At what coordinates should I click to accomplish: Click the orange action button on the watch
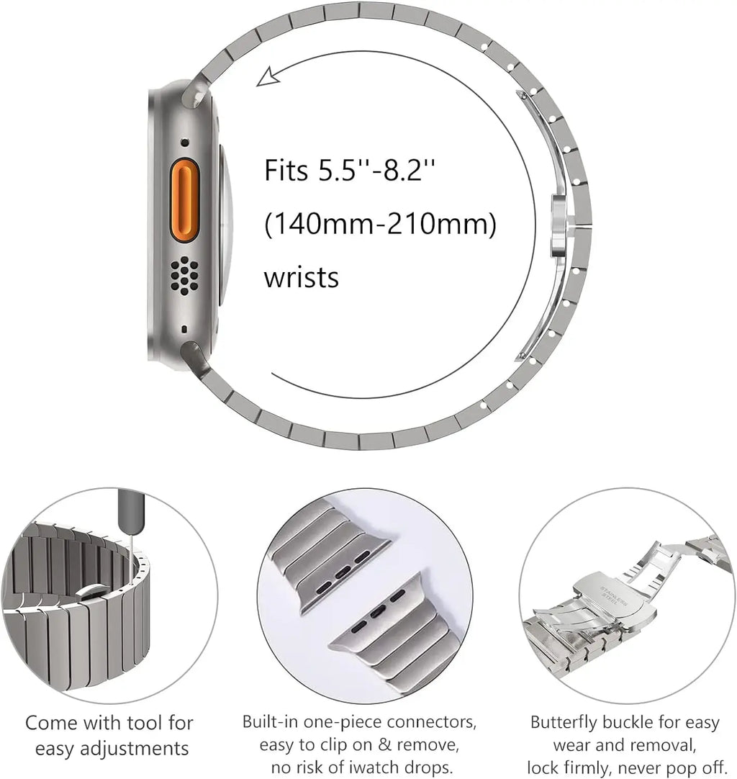[x=184, y=200]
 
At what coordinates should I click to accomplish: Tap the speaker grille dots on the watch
[x=185, y=274]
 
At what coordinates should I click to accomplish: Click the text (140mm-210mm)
[x=380, y=225]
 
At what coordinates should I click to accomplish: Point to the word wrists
[x=301, y=277]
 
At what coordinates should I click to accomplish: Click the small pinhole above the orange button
[x=185, y=142]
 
